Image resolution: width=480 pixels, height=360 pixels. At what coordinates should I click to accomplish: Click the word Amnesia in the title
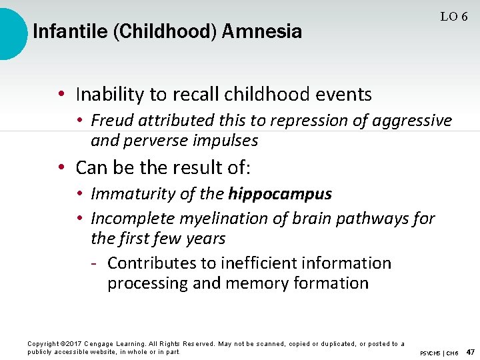tap(262, 31)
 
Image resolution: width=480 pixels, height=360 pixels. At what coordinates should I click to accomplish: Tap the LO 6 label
tap(453, 17)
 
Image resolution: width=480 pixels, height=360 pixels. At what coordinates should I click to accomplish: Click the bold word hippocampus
tap(280, 194)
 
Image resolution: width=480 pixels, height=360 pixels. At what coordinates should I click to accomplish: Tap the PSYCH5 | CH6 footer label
tap(439, 352)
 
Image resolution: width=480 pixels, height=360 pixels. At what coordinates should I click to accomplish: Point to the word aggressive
tap(413, 121)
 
